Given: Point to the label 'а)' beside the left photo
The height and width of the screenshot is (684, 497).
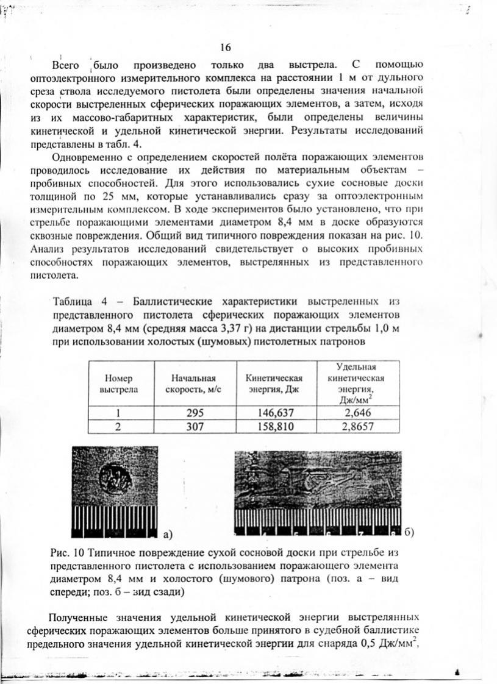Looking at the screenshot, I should coord(168,534).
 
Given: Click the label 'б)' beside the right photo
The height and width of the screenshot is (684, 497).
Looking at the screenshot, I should coord(410,532).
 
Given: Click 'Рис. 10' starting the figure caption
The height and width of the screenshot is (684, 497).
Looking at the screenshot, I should coord(66,553).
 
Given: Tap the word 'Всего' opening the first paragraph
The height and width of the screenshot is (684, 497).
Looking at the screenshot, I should coord(66,65).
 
